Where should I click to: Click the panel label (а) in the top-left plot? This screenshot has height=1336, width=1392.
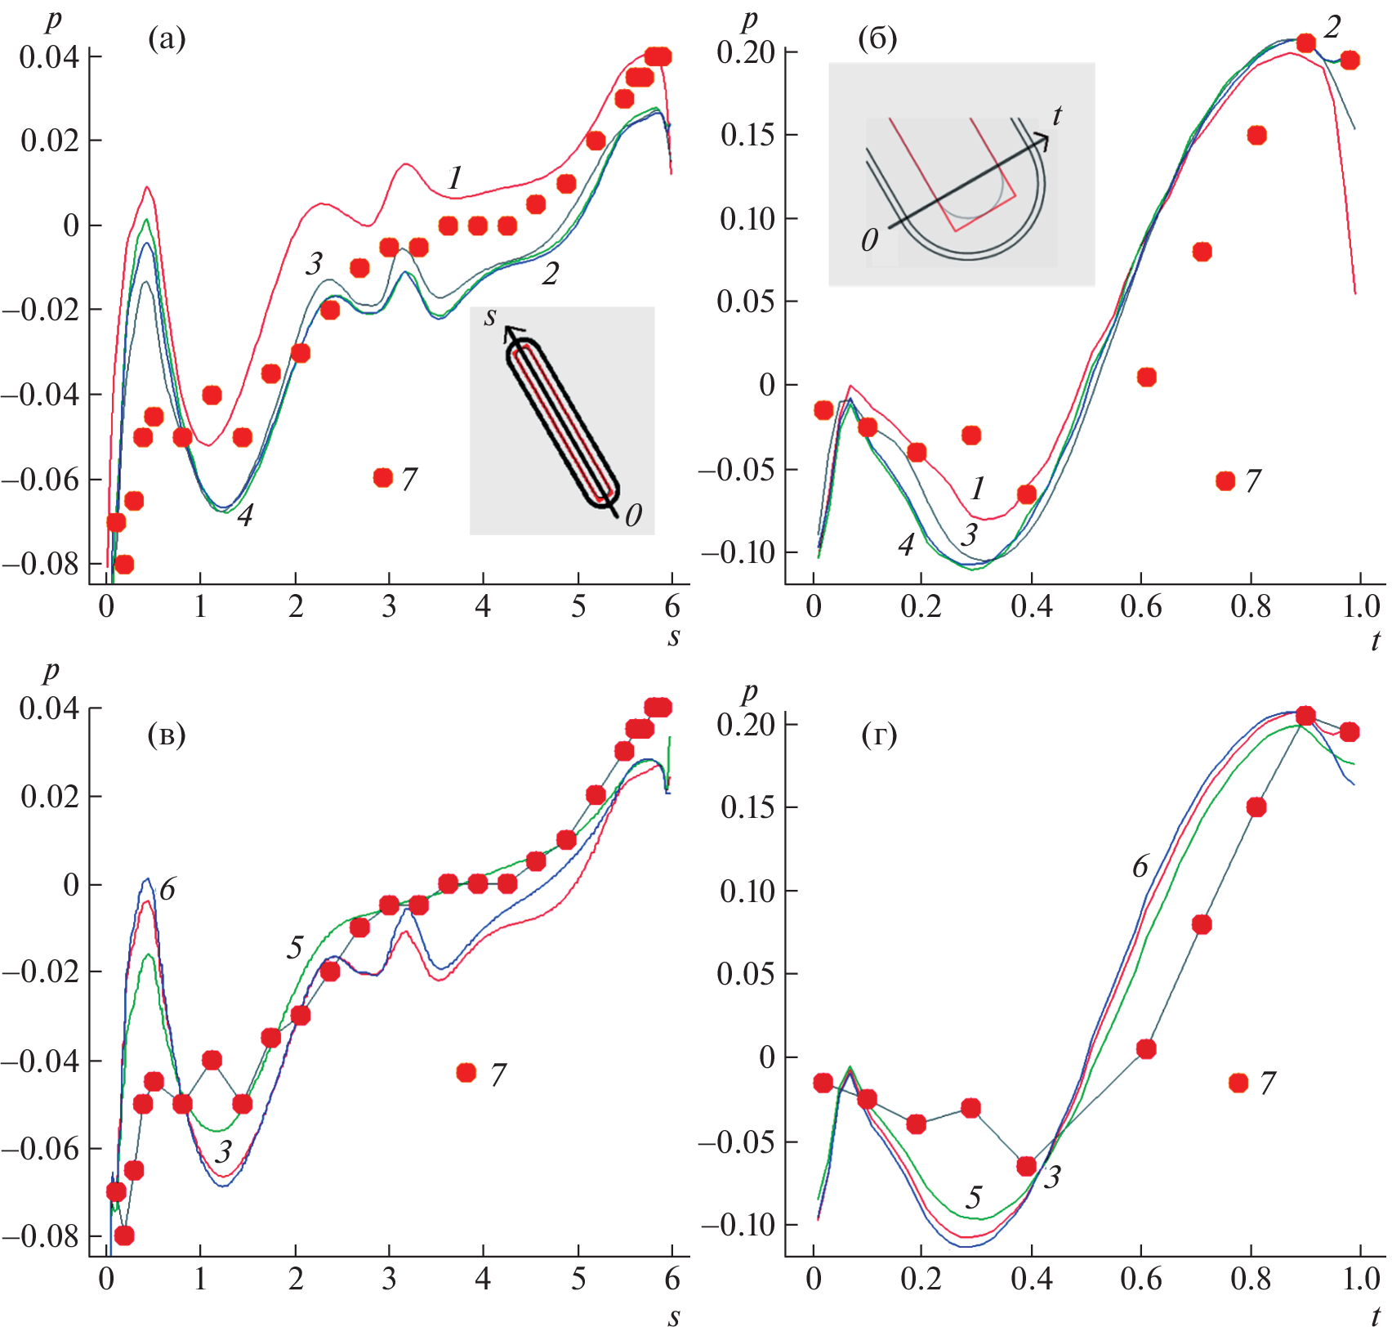coord(167,38)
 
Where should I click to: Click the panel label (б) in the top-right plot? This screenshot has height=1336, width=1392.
coord(878,38)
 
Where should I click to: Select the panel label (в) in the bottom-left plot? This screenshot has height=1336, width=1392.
coord(167,735)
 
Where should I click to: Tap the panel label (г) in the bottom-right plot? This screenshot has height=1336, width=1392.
coord(879,735)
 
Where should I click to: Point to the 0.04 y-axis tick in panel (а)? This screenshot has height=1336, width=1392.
coord(49,57)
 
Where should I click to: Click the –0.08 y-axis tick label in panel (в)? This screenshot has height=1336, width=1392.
coord(41,1236)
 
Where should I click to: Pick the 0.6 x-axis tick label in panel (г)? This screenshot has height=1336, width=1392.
coord(1141,1279)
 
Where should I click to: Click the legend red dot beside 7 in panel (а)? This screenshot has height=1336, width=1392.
coord(383,477)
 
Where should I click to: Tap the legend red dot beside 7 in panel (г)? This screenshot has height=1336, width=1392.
coord(1238,1083)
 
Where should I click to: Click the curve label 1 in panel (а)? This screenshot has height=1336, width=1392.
coord(455,177)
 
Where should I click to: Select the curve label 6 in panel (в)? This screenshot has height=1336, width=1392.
coord(167,889)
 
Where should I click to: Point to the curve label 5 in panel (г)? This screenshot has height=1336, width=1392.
coord(973,1198)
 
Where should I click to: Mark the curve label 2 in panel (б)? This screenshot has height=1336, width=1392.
coord(1332,27)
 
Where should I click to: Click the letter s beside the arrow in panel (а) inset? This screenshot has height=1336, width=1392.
coord(490,316)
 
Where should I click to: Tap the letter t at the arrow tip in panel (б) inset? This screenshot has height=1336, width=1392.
coord(1057,115)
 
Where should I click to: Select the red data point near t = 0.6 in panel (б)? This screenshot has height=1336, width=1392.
coord(1146,377)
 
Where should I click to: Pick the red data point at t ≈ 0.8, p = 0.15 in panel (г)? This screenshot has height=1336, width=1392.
coord(1256,807)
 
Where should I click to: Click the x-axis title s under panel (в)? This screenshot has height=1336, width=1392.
coord(673,1316)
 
